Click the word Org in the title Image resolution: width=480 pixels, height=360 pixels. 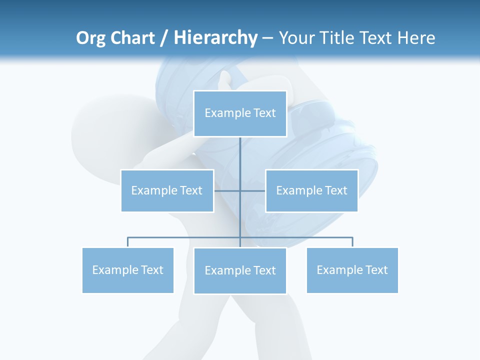[91, 38]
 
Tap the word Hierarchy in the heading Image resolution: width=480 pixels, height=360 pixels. [215, 38]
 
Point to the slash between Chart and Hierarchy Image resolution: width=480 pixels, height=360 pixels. [164, 38]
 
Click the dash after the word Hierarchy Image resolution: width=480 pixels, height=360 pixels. [267, 38]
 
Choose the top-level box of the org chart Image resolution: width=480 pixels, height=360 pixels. [240, 113]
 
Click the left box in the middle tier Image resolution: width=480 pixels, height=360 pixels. [167, 190]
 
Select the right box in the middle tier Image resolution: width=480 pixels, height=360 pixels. [311, 190]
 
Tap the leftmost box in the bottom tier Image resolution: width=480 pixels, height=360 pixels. [128, 270]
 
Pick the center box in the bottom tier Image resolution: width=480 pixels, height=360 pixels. [240, 270]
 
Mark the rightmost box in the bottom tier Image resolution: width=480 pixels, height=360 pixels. [352, 270]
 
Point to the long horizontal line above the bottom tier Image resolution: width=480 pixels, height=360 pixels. [185, 237]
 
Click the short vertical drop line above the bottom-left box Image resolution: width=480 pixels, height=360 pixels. [128, 242]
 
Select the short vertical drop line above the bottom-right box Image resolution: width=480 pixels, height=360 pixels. [352, 242]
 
